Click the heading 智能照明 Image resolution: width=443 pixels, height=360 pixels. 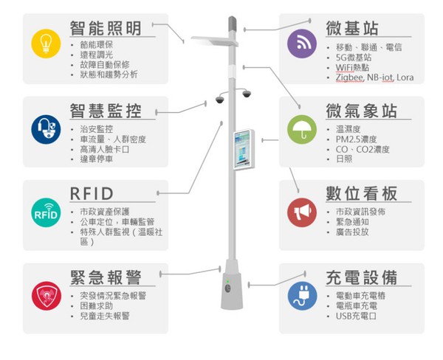point(105,28)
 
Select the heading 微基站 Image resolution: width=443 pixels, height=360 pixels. point(352,28)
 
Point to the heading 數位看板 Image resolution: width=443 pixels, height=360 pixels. point(361,194)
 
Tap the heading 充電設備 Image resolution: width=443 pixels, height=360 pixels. point(361,277)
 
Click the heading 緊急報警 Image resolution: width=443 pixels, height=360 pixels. point(105,277)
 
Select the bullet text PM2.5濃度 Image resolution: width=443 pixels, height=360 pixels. point(357,139)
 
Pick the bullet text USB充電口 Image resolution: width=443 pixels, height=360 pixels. point(356,316)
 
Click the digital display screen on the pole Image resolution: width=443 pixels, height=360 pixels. point(244,148)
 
